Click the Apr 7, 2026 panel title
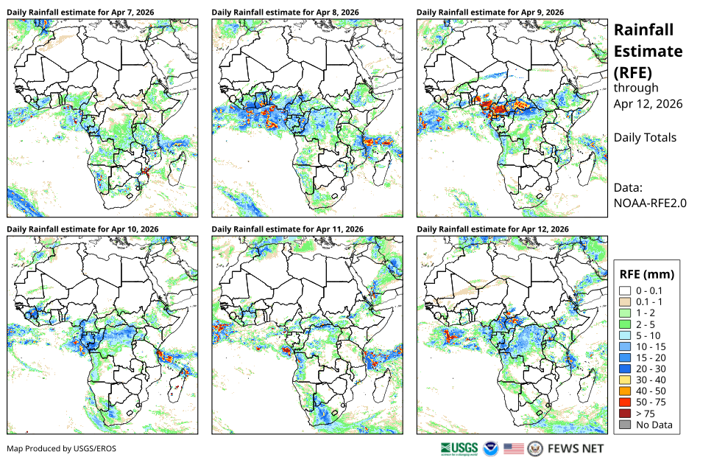click(x=80, y=13)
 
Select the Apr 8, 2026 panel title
click(x=285, y=13)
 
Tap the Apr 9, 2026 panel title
click(x=490, y=13)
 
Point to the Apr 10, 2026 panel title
click(x=82, y=229)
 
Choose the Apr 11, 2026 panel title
click(x=287, y=229)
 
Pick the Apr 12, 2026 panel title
click(x=492, y=229)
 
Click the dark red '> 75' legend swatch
click(x=625, y=414)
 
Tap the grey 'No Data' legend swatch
click(x=625, y=425)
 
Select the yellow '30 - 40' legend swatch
click(x=625, y=380)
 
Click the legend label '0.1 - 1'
click(x=649, y=302)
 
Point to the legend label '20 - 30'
click(x=651, y=369)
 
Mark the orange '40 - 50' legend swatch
click(x=625, y=391)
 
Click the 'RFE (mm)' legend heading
click(x=646, y=274)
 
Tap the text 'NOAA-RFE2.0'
click(x=650, y=203)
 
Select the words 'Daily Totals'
click(x=645, y=138)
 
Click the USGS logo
click(x=459, y=449)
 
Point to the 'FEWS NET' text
click(x=576, y=449)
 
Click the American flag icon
click(x=514, y=449)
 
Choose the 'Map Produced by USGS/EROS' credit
click(x=62, y=449)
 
